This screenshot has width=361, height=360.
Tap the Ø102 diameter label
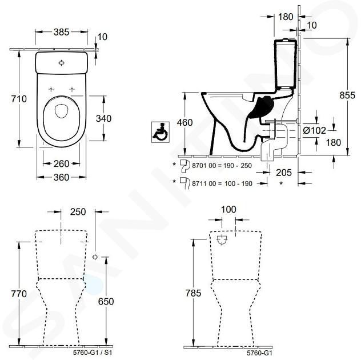(x=314, y=130)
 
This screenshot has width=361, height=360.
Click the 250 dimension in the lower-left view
(x=77, y=211)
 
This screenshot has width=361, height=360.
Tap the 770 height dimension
(x=19, y=294)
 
